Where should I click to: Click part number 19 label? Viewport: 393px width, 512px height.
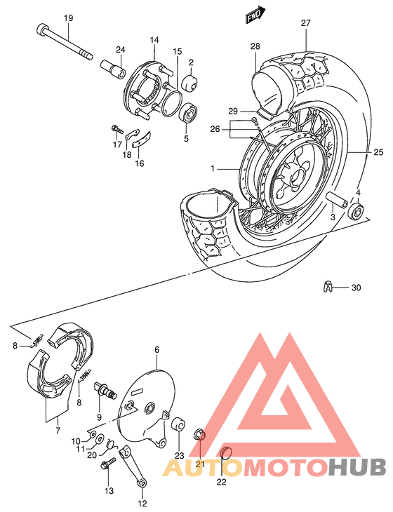pyautogui.click(x=68, y=17)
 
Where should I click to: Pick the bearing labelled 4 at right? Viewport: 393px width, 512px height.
pyautogui.click(x=357, y=210)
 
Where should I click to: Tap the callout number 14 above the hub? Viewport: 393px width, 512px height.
pyautogui.click(x=154, y=40)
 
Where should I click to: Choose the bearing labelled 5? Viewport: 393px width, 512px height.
pyautogui.click(x=189, y=112)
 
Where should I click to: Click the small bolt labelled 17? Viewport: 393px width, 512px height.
pyautogui.click(x=117, y=129)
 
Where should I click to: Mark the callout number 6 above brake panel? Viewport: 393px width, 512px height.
pyautogui.click(x=157, y=349)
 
